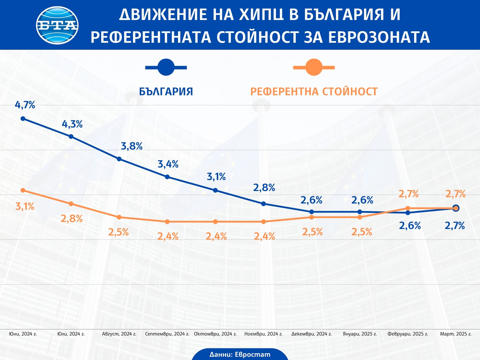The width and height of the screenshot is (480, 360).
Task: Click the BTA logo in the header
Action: point(57,25)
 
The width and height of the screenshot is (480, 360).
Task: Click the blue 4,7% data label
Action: point(25,105)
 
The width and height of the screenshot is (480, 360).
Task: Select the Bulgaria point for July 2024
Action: point(71,136)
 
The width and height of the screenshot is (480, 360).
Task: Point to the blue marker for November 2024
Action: point(263,204)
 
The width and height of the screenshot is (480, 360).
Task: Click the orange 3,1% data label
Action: point(25,207)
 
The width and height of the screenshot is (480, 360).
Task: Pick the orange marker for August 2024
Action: point(119,217)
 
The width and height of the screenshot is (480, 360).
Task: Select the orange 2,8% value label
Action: point(72,219)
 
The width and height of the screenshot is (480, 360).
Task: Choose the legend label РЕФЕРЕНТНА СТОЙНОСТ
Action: point(314,91)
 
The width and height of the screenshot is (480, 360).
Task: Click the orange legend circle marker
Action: point(314,68)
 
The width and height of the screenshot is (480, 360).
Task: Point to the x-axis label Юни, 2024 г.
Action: point(23,334)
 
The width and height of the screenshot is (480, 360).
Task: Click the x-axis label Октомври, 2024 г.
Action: point(215,334)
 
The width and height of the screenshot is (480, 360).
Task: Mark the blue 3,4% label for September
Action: point(168,164)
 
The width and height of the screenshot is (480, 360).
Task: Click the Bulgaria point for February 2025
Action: point(408,212)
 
